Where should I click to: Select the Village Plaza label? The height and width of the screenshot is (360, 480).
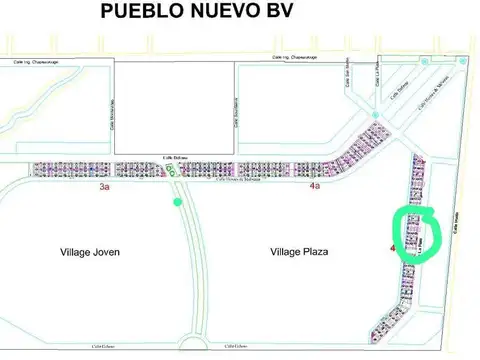pos(300,252)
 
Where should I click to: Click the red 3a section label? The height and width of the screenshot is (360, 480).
pos(104,187)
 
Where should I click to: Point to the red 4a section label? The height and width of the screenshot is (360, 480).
pos(315,186)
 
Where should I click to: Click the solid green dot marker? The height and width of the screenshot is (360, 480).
pos(178,202)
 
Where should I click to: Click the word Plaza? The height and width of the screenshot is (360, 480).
pos(315,252)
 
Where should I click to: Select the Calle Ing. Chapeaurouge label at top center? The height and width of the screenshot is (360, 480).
pos(296,58)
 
